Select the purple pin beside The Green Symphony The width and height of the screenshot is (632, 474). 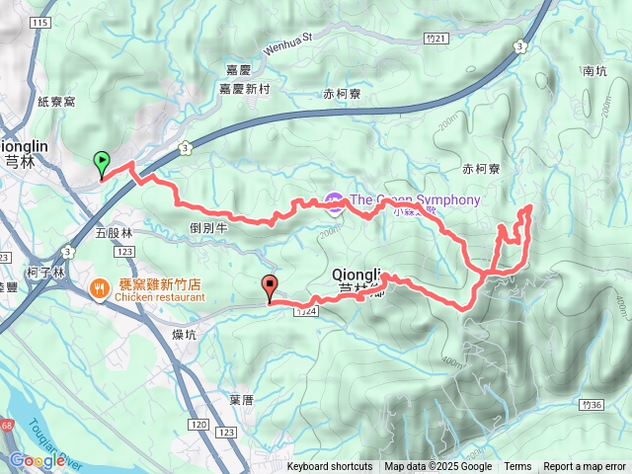coord(334,201)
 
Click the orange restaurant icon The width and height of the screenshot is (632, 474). coord(99,289)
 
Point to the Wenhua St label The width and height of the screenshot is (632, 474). coord(286,43)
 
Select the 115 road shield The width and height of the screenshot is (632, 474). coord(39,23)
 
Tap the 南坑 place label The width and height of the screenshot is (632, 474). coord(593,71)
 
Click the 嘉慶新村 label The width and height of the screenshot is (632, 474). coord(244,89)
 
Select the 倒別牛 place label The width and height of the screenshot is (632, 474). coord(208,226)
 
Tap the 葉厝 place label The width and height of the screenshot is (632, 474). coord(242,400)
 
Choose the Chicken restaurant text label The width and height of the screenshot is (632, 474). coord(158,296)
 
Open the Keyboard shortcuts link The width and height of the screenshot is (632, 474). coord(330,467)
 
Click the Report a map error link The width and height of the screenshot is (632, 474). coord(584,467)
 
